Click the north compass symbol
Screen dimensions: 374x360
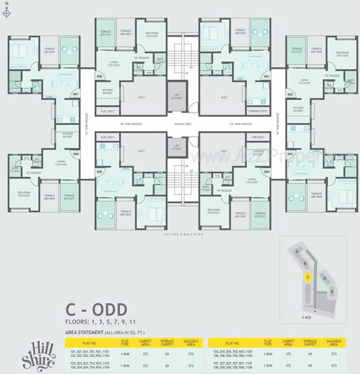[7, 13]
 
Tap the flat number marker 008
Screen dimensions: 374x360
[99, 77]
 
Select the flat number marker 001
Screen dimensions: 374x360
[267, 77]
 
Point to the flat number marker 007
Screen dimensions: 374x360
[75, 94]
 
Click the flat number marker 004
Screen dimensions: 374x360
[267, 171]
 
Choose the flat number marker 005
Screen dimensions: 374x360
[99, 171]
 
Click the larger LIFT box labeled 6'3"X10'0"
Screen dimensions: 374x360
[177, 97]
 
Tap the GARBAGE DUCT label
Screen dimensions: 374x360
[258, 111]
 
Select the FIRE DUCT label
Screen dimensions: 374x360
[258, 137]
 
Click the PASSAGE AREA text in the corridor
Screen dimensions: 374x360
[183, 124]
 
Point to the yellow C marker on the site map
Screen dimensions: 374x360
[307, 277]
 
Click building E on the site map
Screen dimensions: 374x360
[332, 291]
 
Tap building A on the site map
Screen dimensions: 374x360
[297, 252]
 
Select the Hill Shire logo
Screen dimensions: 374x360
[38, 354]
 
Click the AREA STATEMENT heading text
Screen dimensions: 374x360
[84, 333]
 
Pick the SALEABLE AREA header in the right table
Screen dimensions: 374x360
[334, 343]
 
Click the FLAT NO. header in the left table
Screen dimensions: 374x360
[89, 343]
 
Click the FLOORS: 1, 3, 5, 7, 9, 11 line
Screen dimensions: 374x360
[100, 322]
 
